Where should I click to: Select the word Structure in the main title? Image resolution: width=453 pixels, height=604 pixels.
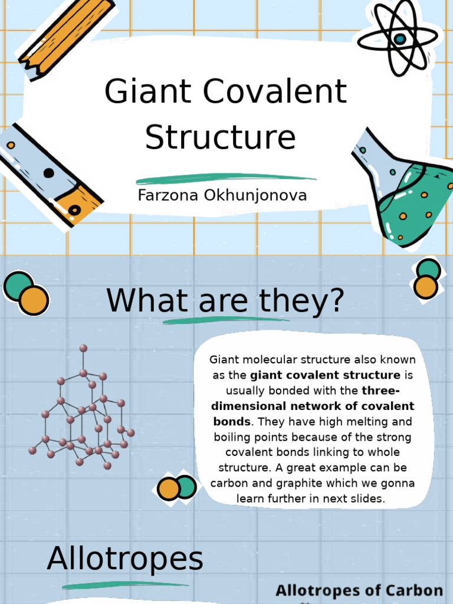[220, 137]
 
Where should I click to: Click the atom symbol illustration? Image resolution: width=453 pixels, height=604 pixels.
[399, 38]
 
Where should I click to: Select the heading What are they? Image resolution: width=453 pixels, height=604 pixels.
[225, 300]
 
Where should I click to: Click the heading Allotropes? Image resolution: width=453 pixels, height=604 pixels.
[125, 559]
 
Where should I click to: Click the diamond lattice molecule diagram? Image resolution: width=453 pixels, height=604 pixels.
[83, 413]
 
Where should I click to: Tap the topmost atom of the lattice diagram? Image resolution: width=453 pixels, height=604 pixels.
[83, 348]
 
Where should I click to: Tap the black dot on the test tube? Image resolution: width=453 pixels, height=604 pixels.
[48, 173]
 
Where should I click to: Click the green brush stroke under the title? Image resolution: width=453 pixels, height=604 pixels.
[226, 179]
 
